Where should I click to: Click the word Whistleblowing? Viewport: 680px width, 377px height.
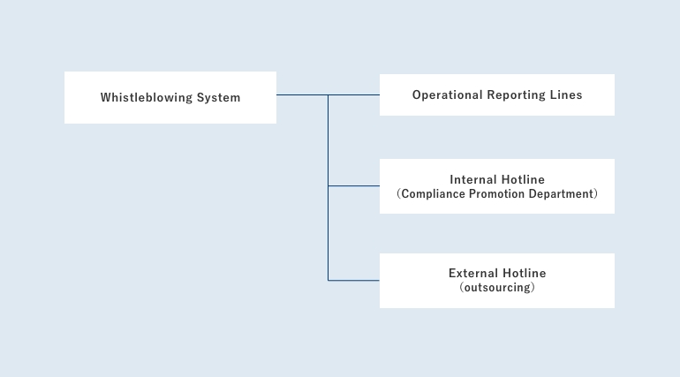[146, 97]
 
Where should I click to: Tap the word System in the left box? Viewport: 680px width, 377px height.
[219, 97]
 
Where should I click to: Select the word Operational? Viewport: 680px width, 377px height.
[447, 94]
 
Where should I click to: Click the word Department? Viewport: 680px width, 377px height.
[561, 193]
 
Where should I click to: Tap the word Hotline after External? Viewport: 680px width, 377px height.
[525, 273]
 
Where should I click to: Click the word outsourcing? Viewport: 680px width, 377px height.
[497, 287]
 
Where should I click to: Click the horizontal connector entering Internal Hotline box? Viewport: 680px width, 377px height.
[354, 186]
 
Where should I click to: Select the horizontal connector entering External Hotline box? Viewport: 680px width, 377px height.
[354, 281]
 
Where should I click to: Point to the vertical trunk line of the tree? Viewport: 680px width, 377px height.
[329, 188]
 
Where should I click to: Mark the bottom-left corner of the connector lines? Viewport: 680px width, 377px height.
[329, 281]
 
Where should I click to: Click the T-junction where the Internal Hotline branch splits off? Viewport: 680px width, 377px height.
[329, 186]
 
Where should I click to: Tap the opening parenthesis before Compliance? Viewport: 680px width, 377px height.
[398, 193]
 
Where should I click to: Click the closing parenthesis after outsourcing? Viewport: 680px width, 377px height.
[533, 287]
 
